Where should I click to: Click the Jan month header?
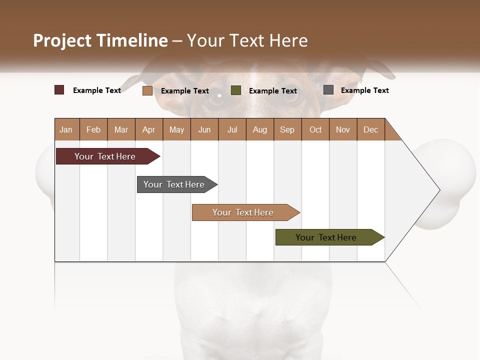pyautogui.click(x=66, y=129)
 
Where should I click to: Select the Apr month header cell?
pyautogui.click(x=149, y=129)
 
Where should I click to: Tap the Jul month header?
pyautogui.click(x=232, y=129)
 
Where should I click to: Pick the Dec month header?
pyautogui.click(x=371, y=129)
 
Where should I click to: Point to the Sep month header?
pyautogui.click(x=287, y=129)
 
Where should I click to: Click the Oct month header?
pyautogui.click(x=315, y=129)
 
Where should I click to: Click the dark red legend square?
pyautogui.click(x=59, y=90)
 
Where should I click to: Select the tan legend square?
pyautogui.click(x=147, y=90)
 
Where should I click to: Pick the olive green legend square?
pyautogui.click(x=236, y=90)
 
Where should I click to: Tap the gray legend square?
pyautogui.click(x=328, y=90)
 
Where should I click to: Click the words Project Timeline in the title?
pyautogui.click(x=100, y=40)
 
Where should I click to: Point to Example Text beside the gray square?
pyautogui.click(x=365, y=90)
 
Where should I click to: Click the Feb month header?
pyautogui.click(x=93, y=129)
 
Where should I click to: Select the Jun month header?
pyautogui.click(x=204, y=129)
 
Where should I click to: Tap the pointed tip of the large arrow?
pyautogui.click(x=438, y=190)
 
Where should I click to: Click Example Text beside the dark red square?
pyautogui.click(x=97, y=90)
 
